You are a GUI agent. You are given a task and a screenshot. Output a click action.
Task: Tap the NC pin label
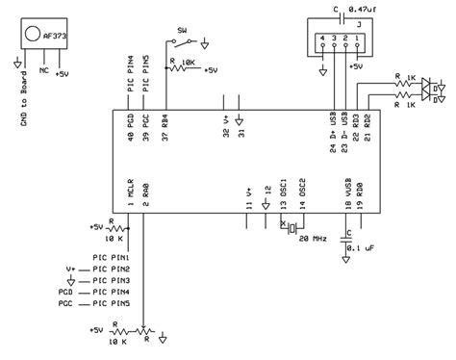click(43, 71)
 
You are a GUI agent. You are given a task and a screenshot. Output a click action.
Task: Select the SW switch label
click(179, 31)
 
